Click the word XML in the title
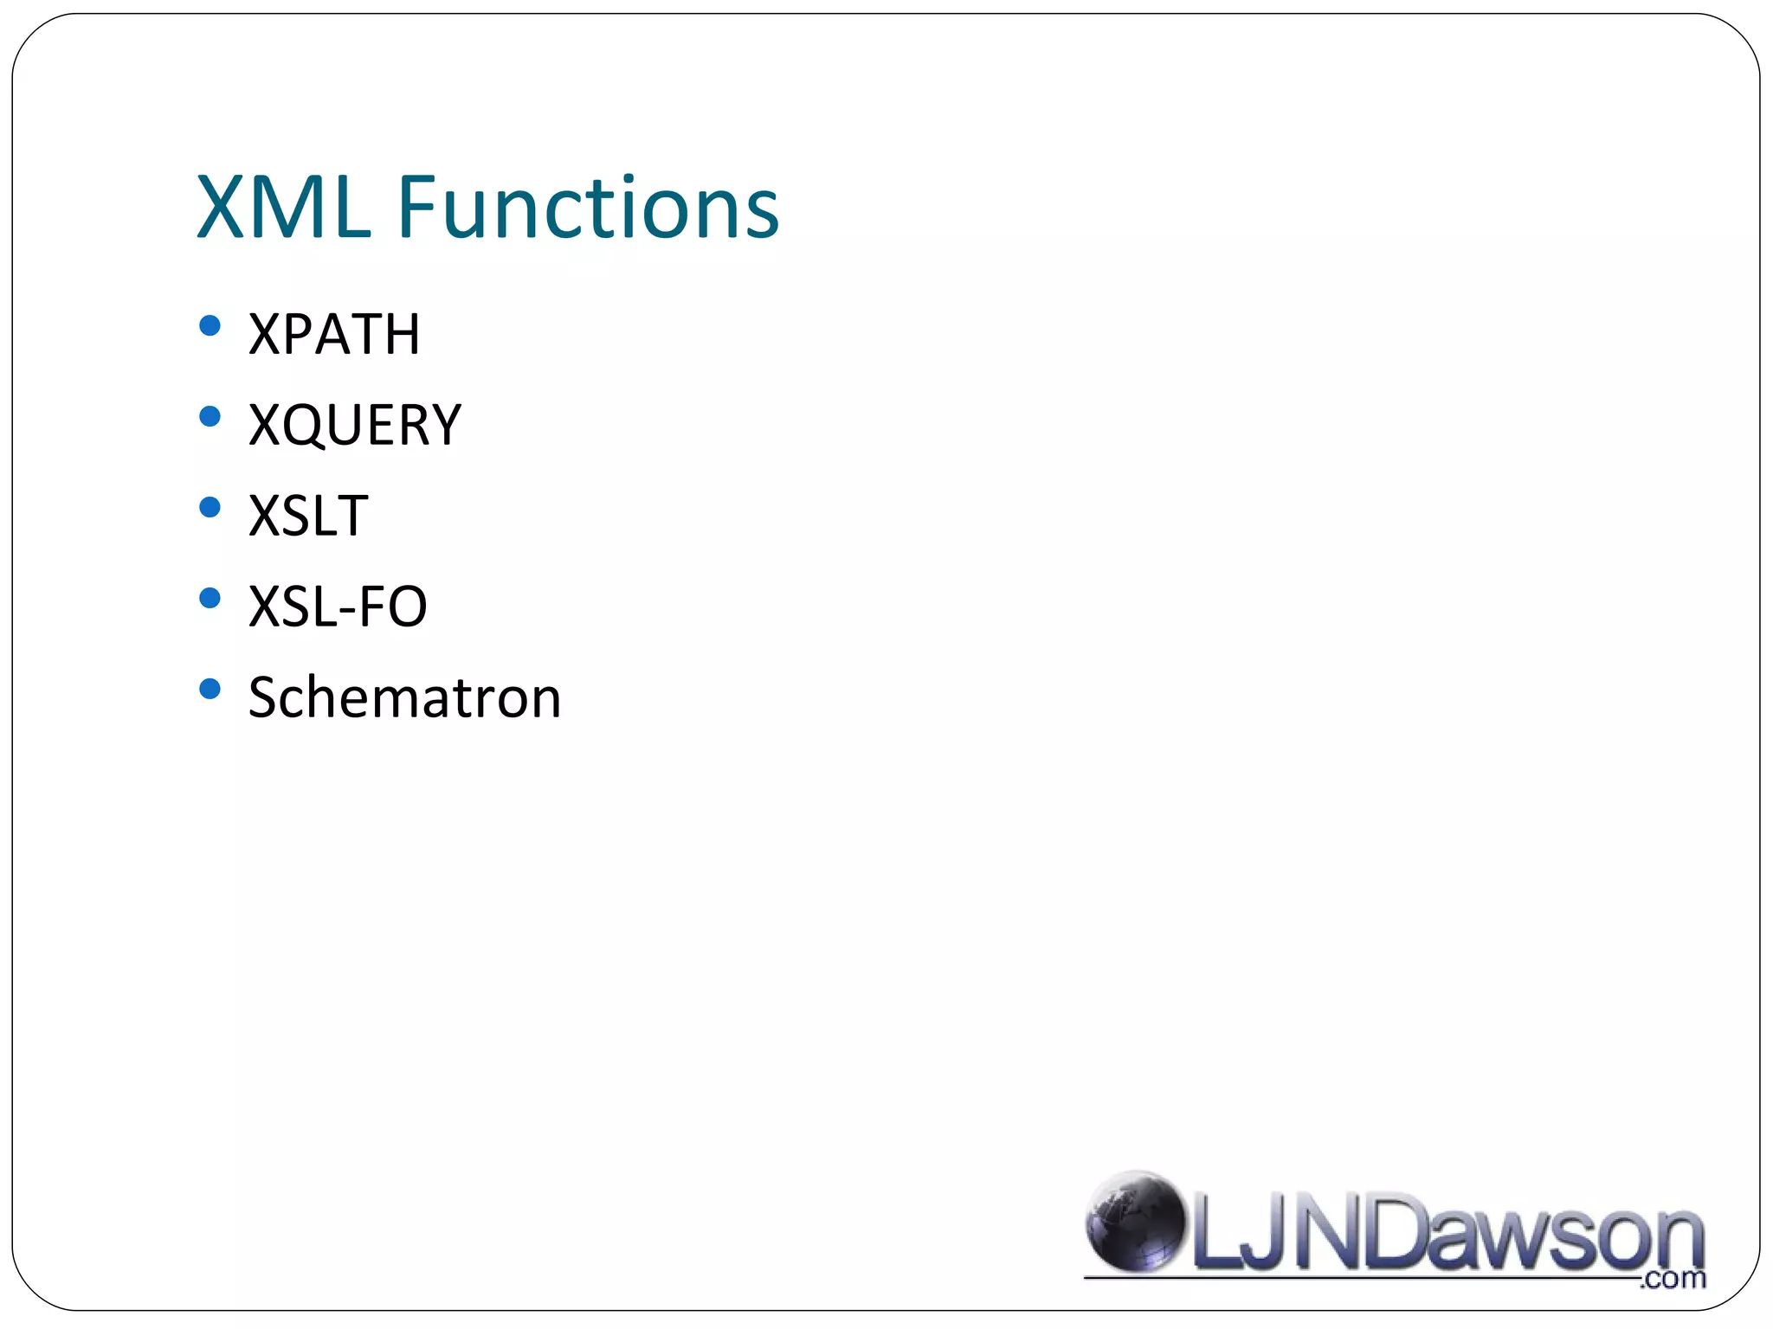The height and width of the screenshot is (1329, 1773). coord(284,208)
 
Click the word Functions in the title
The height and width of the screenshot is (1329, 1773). coord(589,208)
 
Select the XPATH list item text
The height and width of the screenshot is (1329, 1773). coord(334,334)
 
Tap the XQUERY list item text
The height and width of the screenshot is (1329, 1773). coord(355,425)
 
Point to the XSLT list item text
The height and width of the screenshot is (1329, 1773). coord(308,516)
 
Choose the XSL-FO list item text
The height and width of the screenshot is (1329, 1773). coord(338,607)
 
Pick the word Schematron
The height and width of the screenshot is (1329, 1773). coord(404,697)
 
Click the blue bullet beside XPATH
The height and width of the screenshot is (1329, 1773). coord(210,326)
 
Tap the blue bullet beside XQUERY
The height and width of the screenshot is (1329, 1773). coord(210,417)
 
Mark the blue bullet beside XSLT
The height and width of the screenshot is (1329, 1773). coord(210,508)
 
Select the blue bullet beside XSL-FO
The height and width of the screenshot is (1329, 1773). coord(210,598)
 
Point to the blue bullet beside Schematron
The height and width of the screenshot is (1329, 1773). coord(210,689)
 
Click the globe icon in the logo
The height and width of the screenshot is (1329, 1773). coord(1134,1221)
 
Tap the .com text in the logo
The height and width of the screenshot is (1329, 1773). coord(1673,1278)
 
